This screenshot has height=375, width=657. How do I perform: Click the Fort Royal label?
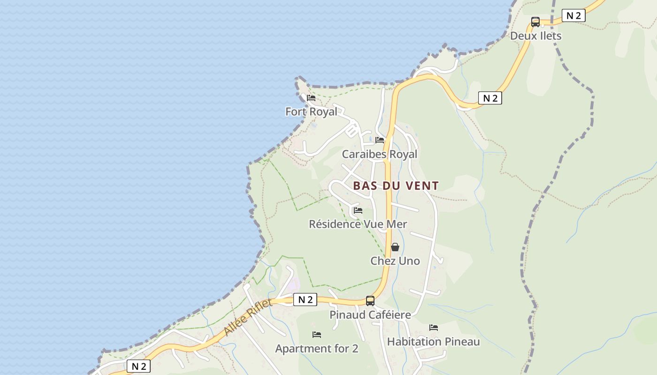311,112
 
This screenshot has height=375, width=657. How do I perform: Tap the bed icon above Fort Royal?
311,98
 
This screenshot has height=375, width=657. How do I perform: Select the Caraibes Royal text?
379,154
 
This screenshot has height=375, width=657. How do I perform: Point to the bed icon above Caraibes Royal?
380,140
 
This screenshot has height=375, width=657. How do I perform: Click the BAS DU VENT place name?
396,186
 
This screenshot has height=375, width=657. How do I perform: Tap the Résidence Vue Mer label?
358,224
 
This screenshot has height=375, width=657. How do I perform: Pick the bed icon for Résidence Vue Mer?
358,210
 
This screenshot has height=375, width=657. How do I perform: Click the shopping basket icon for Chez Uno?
395,247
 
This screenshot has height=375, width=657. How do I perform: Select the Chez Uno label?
395,261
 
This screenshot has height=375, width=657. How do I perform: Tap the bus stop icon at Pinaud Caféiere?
370,301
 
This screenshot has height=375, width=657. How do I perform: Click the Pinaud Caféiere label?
370,315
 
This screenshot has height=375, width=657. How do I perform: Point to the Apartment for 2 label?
317,349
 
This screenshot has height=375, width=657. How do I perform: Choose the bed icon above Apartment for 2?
317,335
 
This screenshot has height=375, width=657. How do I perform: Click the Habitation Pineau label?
433,342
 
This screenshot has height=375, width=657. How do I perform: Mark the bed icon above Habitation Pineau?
434,328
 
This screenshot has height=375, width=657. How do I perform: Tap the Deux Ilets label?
535,36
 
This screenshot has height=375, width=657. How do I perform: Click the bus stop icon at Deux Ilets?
535,22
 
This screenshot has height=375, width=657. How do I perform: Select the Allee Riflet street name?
247,317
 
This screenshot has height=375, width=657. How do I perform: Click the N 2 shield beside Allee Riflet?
305,300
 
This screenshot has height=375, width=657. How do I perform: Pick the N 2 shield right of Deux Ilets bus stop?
573,15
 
